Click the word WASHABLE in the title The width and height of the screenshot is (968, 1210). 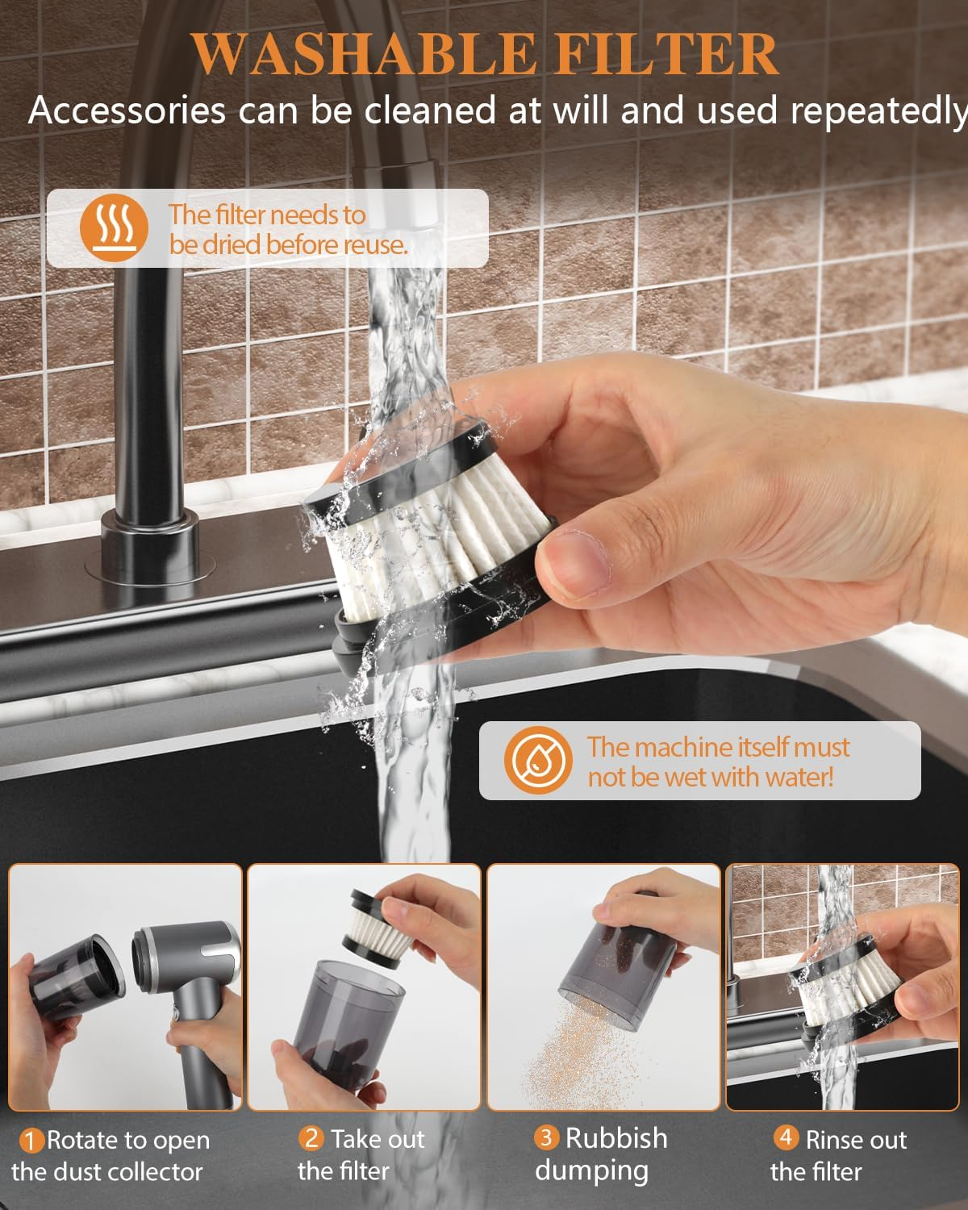363,54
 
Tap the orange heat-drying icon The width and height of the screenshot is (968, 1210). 115,227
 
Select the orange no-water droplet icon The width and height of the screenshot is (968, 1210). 538,760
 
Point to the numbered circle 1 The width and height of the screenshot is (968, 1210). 31,1141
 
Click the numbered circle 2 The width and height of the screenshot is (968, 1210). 311,1138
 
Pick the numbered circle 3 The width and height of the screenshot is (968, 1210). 546,1138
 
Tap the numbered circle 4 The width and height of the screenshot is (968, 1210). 786,1137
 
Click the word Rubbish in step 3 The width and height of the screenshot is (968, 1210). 616,1138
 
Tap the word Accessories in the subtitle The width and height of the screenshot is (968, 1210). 127,111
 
